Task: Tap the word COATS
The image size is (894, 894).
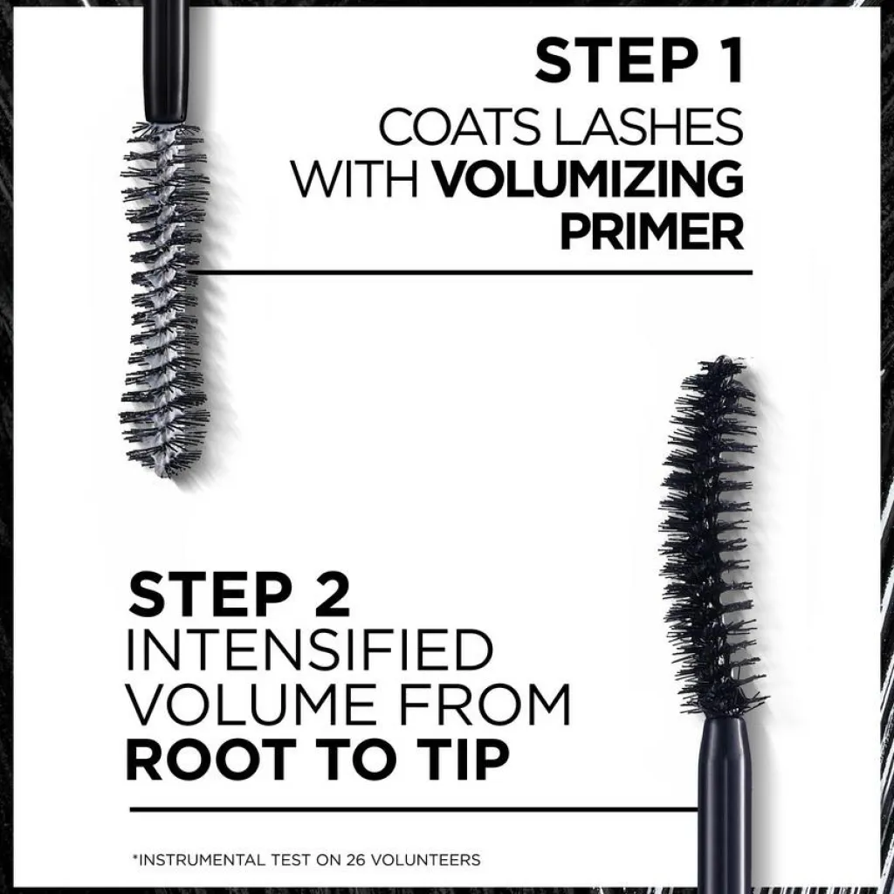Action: (459, 127)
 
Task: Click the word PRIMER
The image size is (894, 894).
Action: (652, 231)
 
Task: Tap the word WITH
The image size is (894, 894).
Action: (354, 179)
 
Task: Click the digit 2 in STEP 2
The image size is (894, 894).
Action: (333, 594)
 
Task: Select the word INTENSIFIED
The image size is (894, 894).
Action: (308, 650)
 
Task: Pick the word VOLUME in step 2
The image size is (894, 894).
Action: (251, 705)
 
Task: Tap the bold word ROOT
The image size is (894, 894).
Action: (211, 760)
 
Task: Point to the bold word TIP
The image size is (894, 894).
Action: (464, 760)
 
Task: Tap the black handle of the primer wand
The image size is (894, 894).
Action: (166, 60)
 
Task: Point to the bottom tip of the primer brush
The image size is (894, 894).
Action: (165, 474)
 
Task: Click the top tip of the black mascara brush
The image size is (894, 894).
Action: (722, 359)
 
